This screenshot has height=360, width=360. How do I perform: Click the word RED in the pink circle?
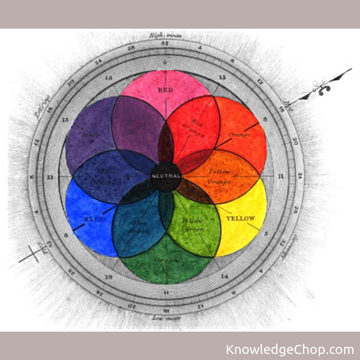point(166,90)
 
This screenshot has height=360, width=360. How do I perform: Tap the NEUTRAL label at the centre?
point(166,176)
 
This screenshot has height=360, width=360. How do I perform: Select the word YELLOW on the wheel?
point(240,219)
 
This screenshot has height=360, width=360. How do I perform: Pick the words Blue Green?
point(138,227)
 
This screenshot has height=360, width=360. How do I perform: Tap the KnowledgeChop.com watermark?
point(290,350)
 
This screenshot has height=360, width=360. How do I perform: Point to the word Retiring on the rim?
point(42,107)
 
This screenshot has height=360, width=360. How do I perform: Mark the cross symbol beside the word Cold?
point(29,254)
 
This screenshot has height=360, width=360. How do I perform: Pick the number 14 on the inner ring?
point(224,276)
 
